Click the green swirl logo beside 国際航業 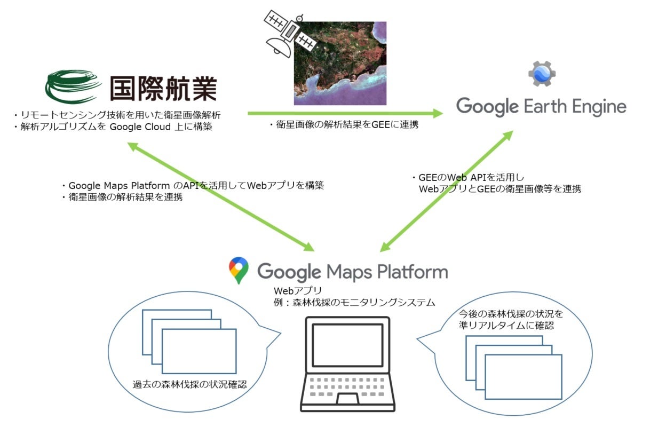tap(73, 86)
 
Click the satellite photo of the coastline tap(340, 63)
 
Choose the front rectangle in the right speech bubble tap(523, 377)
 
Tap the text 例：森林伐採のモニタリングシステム tap(354, 303)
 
